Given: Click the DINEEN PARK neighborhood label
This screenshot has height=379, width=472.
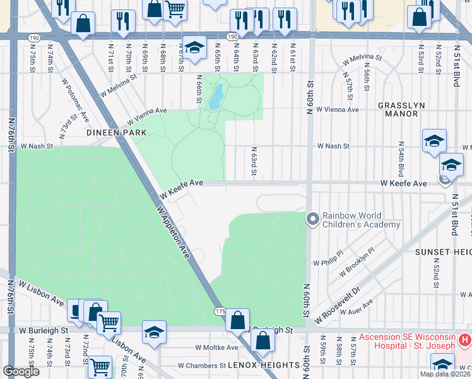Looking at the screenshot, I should (x=117, y=133).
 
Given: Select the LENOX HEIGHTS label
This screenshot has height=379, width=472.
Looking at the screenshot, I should (x=264, y=365).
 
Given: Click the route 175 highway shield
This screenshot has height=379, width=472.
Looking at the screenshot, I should (x=220, y=311).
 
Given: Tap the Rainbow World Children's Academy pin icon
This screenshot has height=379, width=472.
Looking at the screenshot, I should (x=312, y=219).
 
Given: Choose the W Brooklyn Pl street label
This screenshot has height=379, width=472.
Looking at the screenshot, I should (x=357, y=262).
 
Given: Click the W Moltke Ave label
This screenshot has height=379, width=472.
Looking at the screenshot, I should (x=216, y=347).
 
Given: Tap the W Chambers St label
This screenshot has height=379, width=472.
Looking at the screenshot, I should (x=202, y=365).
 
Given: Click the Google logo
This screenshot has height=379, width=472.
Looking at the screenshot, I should (x=21, y=371).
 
